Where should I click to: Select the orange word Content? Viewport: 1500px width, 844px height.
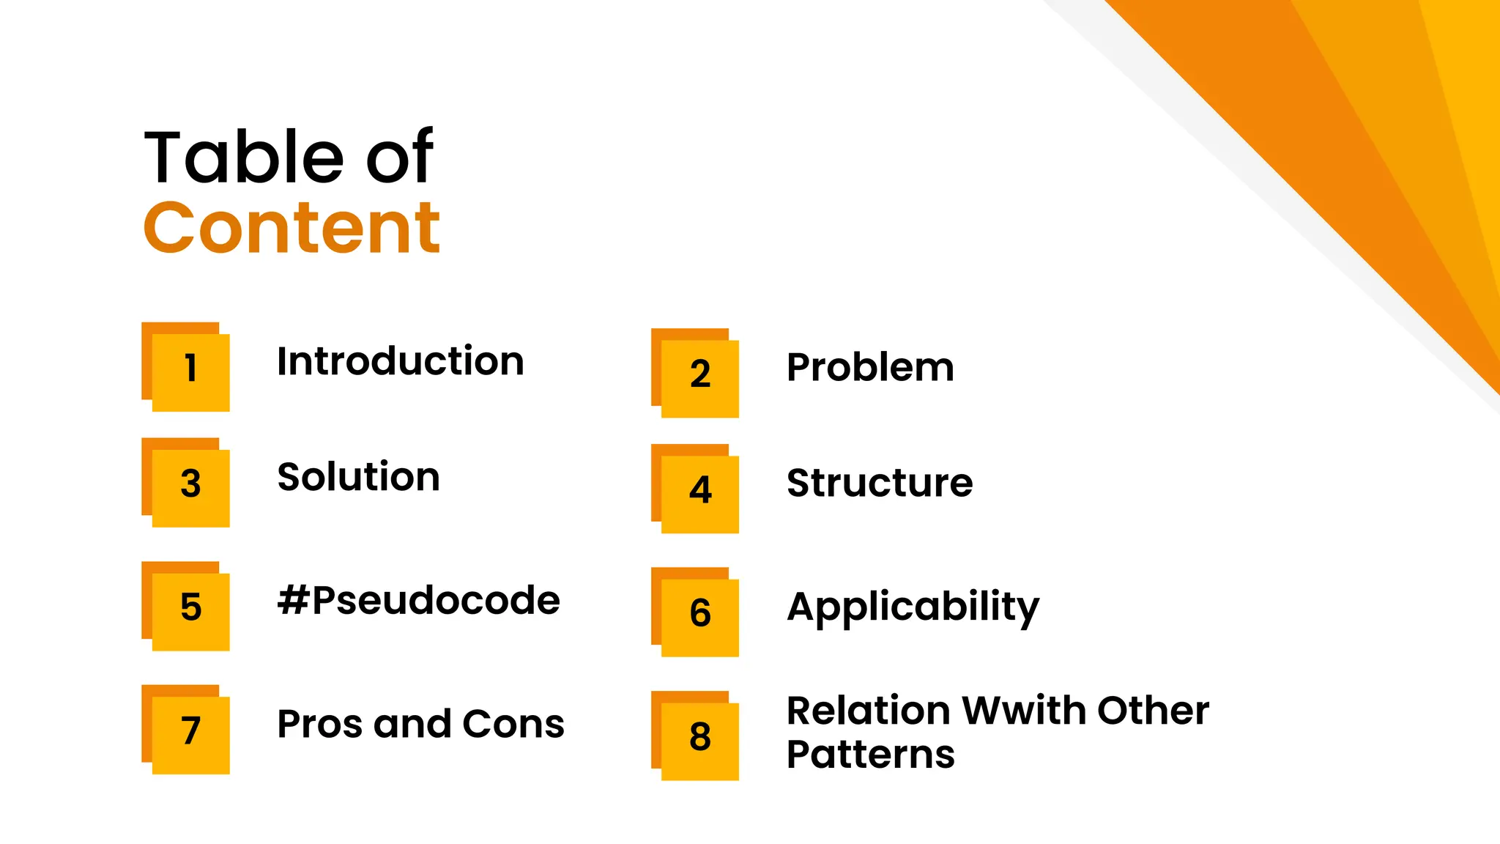(x=292, y=228)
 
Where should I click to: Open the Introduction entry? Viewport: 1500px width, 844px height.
(x=400, y=362)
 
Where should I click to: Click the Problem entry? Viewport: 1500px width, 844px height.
(x=870, y=367)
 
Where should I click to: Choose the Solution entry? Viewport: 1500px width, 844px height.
(x=358, y=478)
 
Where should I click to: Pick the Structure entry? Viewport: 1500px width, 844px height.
(x=880, y=484)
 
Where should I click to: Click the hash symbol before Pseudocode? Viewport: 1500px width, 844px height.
(x=293, y=601)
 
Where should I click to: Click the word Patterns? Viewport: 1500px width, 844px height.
(x=870, y=755)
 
